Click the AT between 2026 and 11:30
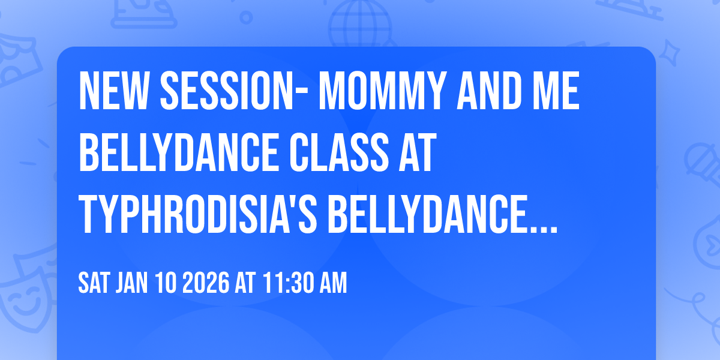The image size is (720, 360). coord(245,283)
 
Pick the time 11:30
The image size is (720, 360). coord(286,283)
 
